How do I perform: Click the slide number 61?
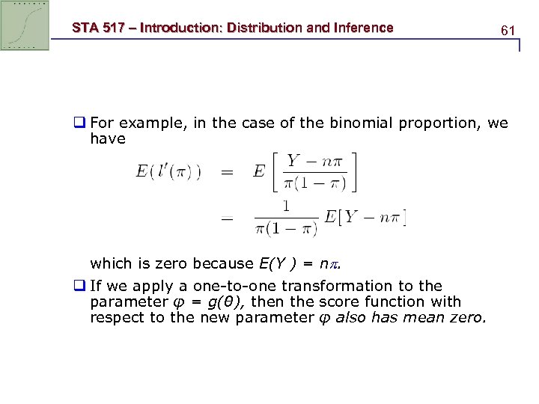(x=508, y=31)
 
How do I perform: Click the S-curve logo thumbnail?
(x=25, y=25)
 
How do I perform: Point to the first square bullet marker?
(x=81, y=123)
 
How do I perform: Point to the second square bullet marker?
(x=81, y=286)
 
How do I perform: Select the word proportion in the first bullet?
(x=437, y=123)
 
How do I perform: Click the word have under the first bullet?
(x=108, y=139)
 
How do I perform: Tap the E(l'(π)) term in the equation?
(x=168, y=171)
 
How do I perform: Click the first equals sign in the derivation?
(x=226, y=171)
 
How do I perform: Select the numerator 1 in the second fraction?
(x=285, y=204)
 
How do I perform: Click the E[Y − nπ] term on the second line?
(x=365, y=218)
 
